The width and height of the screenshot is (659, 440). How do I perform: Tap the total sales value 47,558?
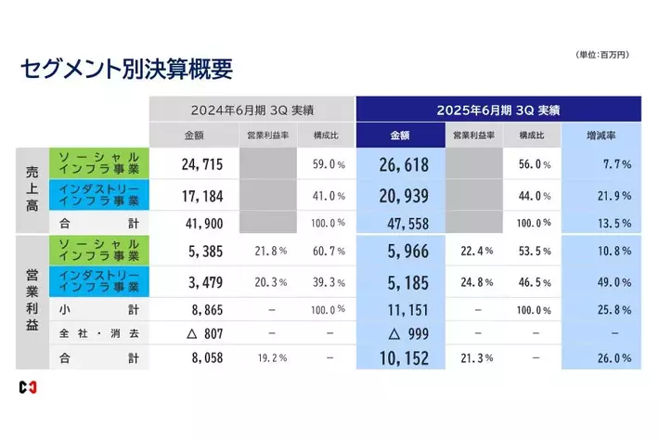(406, 224)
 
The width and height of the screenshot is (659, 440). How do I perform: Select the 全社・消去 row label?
(97, 331)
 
